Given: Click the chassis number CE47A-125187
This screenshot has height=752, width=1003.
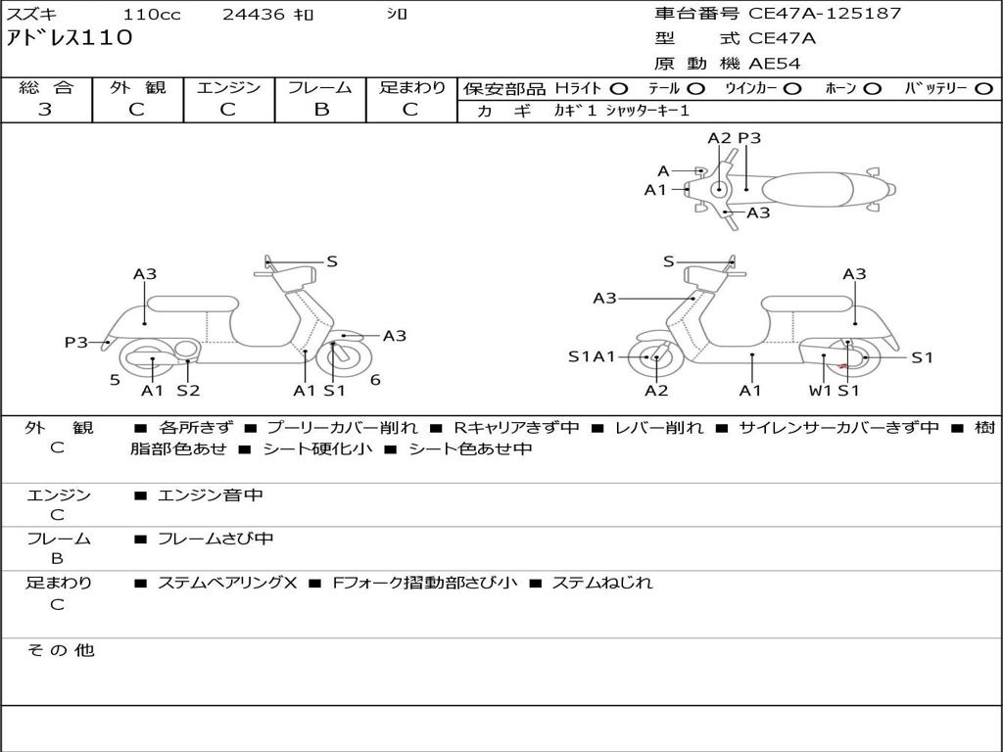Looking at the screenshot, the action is (x=825, y=14).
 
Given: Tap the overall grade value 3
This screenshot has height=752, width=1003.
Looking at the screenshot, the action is (x=45, y=110).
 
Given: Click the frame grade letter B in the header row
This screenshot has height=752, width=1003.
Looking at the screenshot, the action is (x=321, y=110).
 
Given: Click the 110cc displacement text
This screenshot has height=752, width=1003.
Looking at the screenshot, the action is (x=152, y=14).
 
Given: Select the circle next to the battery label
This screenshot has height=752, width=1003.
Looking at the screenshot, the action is (x=983, y=89).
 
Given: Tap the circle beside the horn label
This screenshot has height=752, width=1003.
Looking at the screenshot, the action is (x=872, y=89).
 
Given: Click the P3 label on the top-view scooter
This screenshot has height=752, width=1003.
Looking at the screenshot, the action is (x=749, y=138).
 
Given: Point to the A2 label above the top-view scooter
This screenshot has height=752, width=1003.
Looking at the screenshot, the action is (x=719, y=138).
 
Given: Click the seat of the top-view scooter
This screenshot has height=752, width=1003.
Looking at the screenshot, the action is (x=807, y=189).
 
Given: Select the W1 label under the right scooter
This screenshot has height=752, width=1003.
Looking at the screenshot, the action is (x=820, y=390).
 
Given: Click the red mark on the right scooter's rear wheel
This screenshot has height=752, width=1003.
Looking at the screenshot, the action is (x=843, y=366).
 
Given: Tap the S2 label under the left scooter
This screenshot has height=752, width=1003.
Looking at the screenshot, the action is (x=189, y=390).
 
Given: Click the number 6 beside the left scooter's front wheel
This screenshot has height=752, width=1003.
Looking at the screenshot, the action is (x=375, y=380).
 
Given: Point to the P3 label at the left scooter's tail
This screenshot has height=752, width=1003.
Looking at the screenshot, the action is (x=76, y=342).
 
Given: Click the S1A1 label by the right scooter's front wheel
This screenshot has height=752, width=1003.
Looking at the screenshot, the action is (x=592, y=356).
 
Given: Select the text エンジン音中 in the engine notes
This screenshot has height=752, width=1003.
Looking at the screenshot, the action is (x=210, y=494).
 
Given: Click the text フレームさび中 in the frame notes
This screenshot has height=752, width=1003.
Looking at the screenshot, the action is (x=215, y=540).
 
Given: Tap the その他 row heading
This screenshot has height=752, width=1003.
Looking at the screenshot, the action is (x=60, y=650).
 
